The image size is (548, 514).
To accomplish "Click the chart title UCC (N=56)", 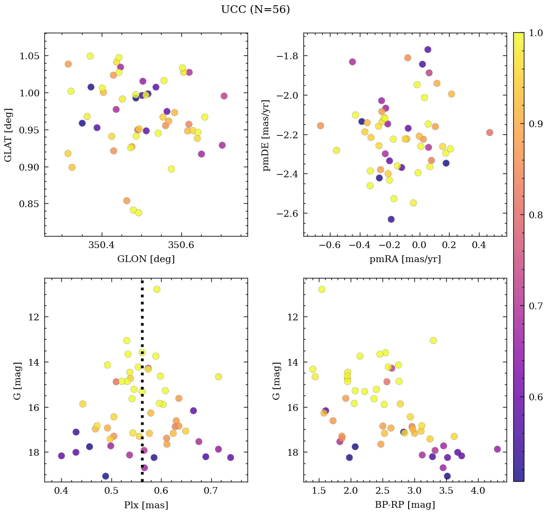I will point(255,10).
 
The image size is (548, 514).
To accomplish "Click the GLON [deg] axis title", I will point(146,259).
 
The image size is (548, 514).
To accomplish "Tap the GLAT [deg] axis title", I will point(8,134).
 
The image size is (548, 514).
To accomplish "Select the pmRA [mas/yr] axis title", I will point(405,259).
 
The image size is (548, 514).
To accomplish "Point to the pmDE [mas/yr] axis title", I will point(266,134).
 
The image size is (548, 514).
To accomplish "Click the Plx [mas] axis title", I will point(146,505).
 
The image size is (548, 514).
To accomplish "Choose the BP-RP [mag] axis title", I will point(405,505).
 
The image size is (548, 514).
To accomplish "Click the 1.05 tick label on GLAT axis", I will point(29,56).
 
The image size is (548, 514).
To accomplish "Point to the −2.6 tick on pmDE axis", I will point(287,213).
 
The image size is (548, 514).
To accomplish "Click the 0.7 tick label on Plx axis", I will point(211,491).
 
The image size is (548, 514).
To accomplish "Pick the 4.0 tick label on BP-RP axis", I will point(478,491).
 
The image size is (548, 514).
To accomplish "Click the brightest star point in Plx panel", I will point(156,289).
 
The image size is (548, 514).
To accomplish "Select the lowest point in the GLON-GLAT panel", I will point(138,212).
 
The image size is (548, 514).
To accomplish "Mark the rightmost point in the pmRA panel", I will point(490,132).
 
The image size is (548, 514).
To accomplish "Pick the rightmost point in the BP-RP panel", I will point(497,449).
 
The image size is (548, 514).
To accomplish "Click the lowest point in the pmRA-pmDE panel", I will point(391,219).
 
